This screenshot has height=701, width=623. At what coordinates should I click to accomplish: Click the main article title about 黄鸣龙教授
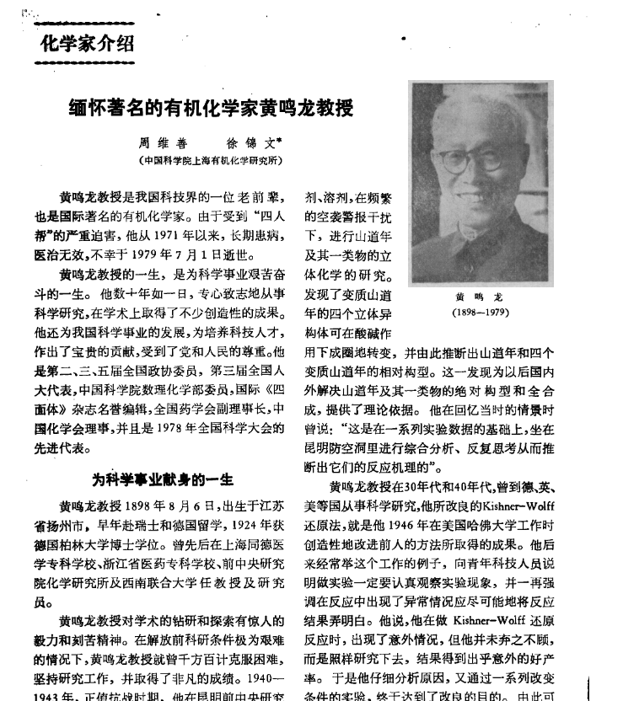211,109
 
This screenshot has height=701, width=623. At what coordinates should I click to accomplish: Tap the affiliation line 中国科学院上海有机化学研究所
212,160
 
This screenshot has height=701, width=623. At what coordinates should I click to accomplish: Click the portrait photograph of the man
479,181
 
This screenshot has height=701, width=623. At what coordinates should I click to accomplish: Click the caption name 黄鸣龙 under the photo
479,297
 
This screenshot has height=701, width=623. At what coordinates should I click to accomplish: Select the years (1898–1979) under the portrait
479,312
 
